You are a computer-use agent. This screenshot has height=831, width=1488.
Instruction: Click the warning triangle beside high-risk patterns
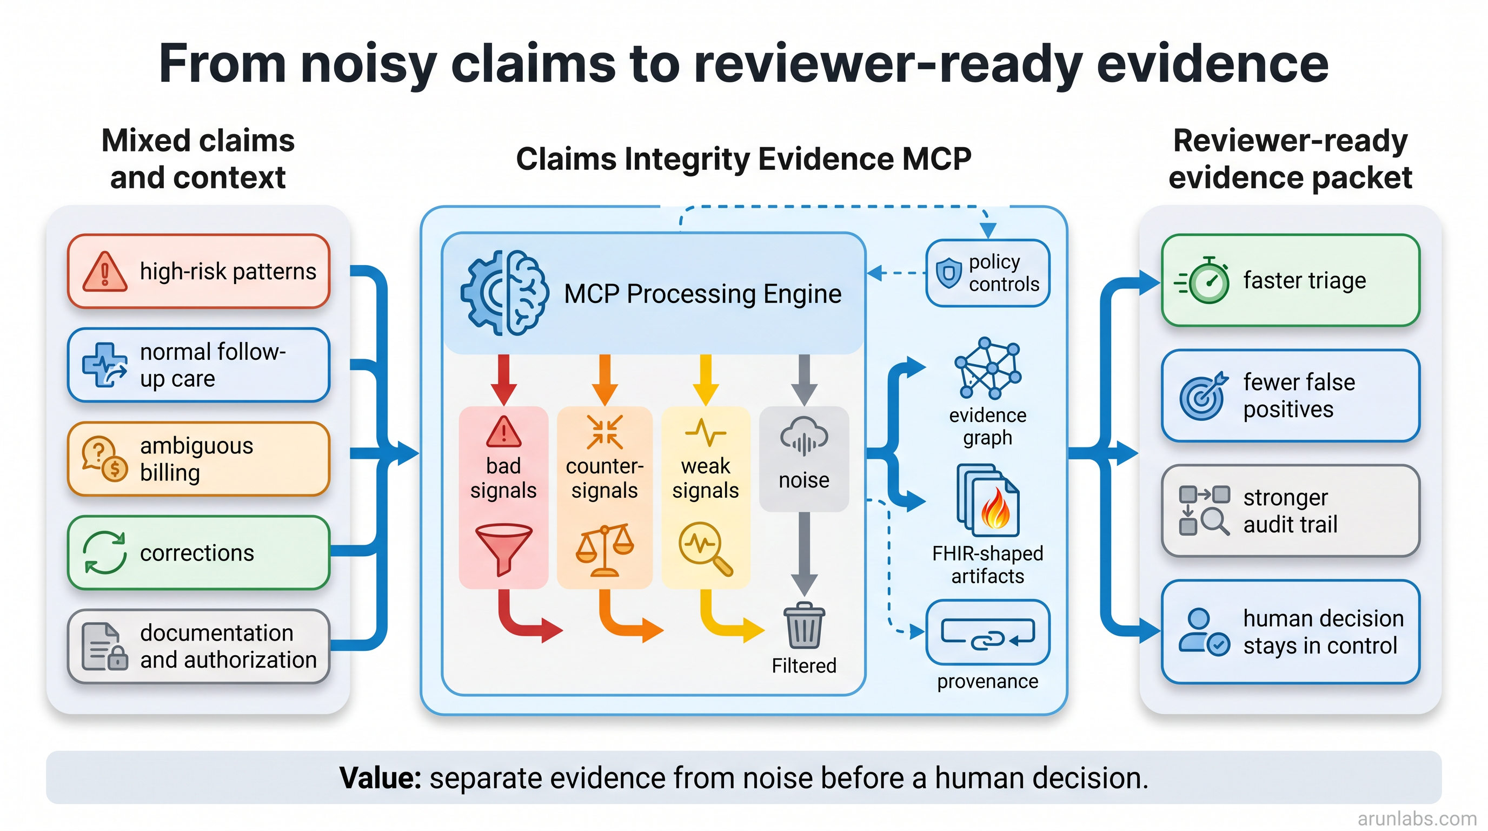click(104, 272)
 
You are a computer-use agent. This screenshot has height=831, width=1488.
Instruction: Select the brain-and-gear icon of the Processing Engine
click(504, 293)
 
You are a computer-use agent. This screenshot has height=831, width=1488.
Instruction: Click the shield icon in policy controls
click(948, 273)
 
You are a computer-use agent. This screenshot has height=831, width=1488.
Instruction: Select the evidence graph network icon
click(988, 368)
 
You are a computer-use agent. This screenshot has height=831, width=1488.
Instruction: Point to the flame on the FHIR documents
click(996, 508)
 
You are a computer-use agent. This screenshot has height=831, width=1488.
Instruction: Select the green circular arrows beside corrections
click(104, 552)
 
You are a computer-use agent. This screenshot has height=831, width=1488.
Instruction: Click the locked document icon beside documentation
click(104, 646)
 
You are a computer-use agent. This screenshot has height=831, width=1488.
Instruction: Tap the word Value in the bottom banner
click(381, 777)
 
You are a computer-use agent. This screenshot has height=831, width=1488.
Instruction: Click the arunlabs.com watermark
click(1417, 819)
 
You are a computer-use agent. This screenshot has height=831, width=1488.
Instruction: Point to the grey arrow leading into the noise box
click(804, 380)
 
